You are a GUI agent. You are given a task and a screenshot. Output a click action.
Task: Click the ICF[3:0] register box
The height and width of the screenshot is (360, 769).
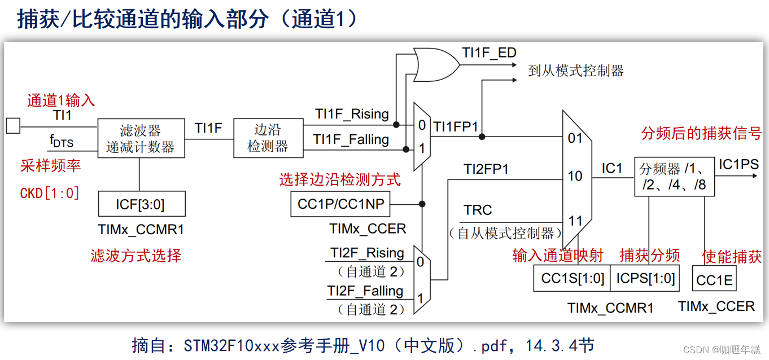(x=141, y=204)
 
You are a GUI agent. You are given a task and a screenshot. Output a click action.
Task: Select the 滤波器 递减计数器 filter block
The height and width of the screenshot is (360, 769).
(x=141, y=139)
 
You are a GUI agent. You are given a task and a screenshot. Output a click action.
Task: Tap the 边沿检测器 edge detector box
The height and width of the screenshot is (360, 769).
(x=268, y=138)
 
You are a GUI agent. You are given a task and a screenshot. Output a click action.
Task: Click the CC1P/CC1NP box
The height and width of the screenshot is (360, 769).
(x=340, y=204)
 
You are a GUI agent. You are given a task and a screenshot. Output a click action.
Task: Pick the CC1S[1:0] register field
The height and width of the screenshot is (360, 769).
(x=572, y=278)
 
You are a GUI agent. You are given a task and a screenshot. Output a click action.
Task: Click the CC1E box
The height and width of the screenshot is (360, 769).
(x=714, y=280)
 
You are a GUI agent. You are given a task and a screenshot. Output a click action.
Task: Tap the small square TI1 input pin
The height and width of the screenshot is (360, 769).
(x=13, y=125)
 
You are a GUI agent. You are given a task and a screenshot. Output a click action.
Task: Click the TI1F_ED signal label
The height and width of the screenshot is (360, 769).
(x=489, y=53)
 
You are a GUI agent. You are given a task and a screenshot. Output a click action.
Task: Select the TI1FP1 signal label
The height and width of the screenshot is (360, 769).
(x=456, y=127)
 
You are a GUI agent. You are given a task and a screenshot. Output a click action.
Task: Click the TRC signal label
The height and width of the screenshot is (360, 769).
(x=478, y=210)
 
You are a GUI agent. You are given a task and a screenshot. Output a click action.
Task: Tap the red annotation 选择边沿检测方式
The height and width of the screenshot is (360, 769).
(x=340, y=180)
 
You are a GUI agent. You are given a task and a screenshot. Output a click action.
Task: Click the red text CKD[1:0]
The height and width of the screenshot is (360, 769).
(x=50, y=193)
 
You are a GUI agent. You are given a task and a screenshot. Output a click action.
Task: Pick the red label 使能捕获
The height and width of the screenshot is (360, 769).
(x=732, y=257)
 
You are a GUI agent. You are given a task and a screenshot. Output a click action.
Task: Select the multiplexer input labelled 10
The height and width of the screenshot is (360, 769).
(x=575, y=176)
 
